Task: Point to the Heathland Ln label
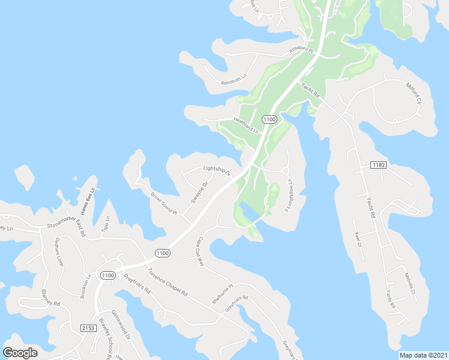coord(246,125)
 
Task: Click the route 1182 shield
coord(378,165)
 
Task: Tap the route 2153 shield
coord(88,328)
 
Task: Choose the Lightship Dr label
coord(217,170)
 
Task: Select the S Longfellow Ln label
coord(288,196)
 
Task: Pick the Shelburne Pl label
coord(221,295)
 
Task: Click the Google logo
coord(20,352)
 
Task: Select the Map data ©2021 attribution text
coord(424,355)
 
